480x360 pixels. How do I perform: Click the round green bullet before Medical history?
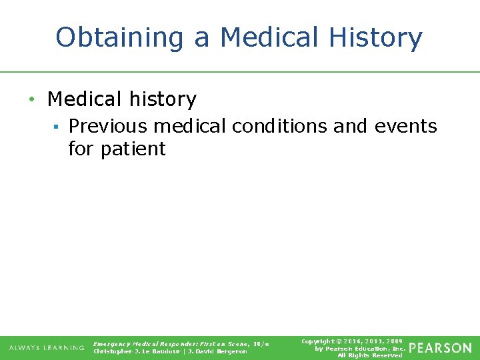pos(31,100)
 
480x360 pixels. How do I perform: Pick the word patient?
pos(133,149)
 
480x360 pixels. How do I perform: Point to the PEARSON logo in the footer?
pos(440,348)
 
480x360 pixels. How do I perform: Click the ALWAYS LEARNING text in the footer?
pos(47,348)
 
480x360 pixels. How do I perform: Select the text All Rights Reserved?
pos(370,355)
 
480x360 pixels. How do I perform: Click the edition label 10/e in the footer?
pos(261,343)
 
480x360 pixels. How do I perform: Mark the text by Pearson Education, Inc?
pos(360,348)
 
